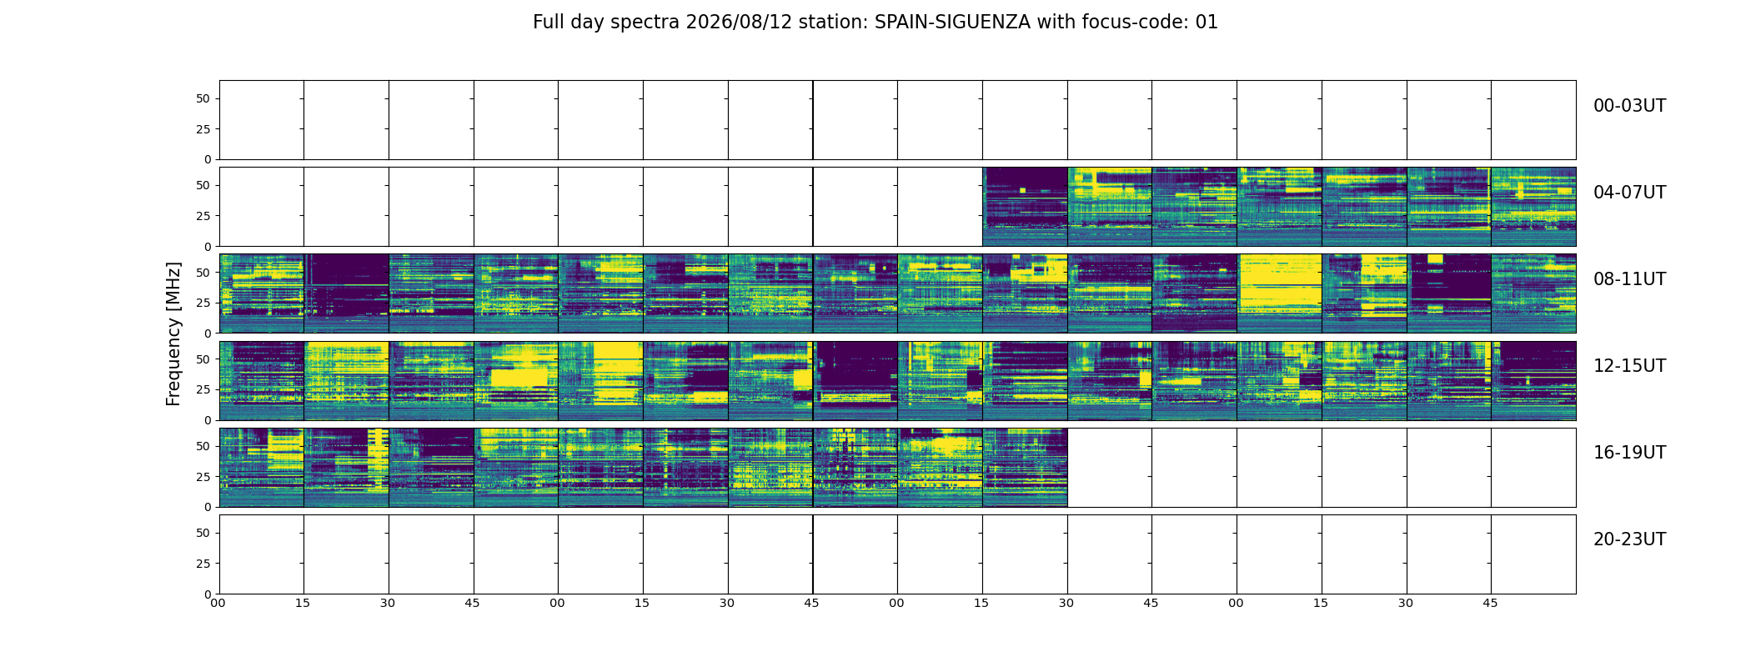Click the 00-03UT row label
tap(1629, 106)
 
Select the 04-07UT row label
tap(1629, 193)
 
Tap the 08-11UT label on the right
tap(1629, 279)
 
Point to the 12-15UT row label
tap(1629, 366)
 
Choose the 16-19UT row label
tap(1629, 453)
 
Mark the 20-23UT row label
tap(1629, 539)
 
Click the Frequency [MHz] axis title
tap(173, 333)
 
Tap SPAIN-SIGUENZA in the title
tap(952, 23)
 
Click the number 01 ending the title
tap(1207, 23)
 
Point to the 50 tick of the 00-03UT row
tap(203, 98)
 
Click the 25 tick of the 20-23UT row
tap(203, 564)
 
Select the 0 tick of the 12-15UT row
tap(208, 420)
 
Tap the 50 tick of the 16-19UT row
tap(203, 446)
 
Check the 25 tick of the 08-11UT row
tap(203, 303)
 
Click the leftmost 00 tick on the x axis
tap(218, 603)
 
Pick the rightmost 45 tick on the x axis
tap(1490, 603)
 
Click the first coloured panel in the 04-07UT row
tap(1025, 207)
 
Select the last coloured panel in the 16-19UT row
tap(1025, 468)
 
